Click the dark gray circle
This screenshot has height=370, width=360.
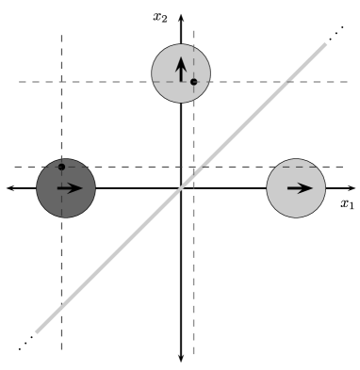point(66,188)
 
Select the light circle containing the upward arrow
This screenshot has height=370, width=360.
point(181,72)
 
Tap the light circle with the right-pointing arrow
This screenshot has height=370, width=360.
point(296,188)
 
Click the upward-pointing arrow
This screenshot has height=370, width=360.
point(181,69)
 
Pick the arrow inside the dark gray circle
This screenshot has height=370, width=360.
point(70,187)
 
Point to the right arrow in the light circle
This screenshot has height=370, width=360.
point(299,187)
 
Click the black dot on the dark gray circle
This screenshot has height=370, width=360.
point(61,167)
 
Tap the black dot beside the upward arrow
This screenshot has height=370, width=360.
point(193,82)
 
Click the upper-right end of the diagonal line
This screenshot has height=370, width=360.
point(326,43)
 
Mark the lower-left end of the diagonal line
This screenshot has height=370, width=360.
point(37,332)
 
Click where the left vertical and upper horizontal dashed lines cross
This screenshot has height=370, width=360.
point(61,82)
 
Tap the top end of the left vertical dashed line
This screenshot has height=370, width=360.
point(61,34)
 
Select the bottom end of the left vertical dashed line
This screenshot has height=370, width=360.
point(61,350)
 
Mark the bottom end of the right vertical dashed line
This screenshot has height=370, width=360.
point(193,355)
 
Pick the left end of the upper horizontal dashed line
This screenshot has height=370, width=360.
point(17,82)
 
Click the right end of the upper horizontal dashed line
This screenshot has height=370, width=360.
point(349,82)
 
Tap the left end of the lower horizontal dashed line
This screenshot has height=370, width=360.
point(13,167)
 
